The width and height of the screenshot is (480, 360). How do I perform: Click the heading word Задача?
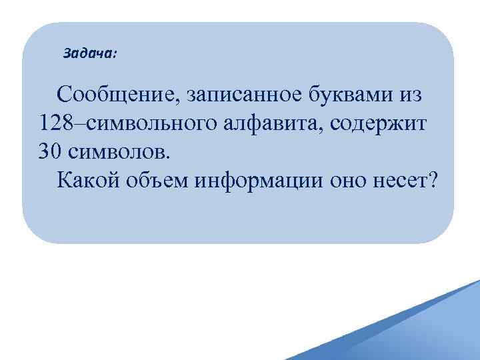tap(89, 53)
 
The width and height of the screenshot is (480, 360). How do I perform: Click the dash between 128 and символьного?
tap(78, 124)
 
